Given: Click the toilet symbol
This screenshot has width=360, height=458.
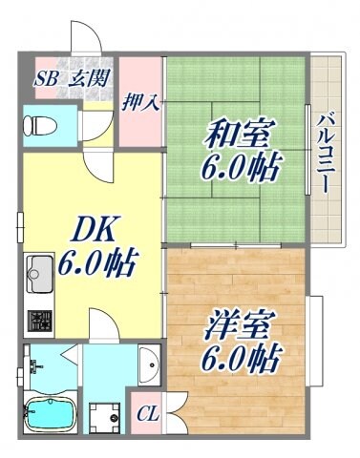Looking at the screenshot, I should click(x=38, y=123).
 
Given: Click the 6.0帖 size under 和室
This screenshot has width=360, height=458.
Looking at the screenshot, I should click(x=240, y=170).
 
